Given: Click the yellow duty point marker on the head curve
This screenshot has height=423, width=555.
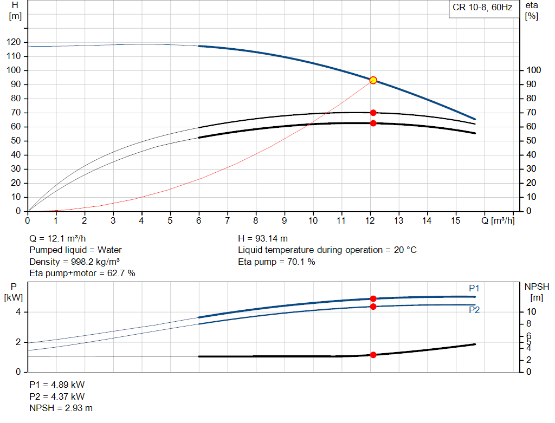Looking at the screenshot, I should [x=373, y=80].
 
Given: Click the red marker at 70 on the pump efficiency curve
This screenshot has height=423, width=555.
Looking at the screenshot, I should [x=373, y=113].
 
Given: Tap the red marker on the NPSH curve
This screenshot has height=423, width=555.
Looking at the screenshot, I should [x=373, y=355].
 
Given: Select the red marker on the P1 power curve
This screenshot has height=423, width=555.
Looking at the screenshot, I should [x=373, y=298].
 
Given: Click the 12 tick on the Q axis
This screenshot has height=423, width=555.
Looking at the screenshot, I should [x=370, y=220].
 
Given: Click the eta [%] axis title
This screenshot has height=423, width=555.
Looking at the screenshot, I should [x=531, y=10].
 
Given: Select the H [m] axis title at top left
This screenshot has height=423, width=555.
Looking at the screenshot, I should [x=15, y=10].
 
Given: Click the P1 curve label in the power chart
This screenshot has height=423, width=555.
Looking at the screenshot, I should [x=474, y=288].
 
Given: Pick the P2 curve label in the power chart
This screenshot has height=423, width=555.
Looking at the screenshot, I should [x=474, y=310].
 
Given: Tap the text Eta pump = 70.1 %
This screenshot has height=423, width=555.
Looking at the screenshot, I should [x=276, y=262].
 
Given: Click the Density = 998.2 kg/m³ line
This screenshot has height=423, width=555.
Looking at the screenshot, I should [x=74, y=262].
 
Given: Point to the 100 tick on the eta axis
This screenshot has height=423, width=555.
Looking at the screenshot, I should [x=534, y=70].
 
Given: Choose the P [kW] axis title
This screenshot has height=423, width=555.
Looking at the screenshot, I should [x=14, y=291].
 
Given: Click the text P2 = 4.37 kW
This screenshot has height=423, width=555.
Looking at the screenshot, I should [x=57, y=396].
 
